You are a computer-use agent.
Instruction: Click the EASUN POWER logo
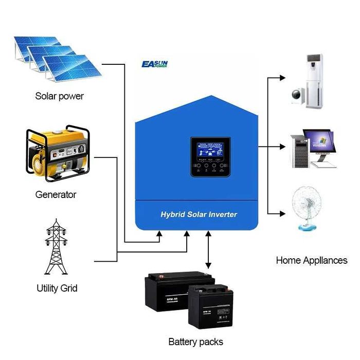point(154,64)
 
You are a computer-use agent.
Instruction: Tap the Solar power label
point(59,96)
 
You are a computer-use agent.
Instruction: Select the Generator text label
point(56,195)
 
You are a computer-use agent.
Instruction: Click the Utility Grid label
point(57,288)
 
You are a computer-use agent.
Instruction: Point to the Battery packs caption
point(195,341)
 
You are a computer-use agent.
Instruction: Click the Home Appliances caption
point(312,260)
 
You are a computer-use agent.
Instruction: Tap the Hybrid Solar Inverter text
point(199,213)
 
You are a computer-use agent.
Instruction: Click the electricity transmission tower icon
point(57,247)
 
